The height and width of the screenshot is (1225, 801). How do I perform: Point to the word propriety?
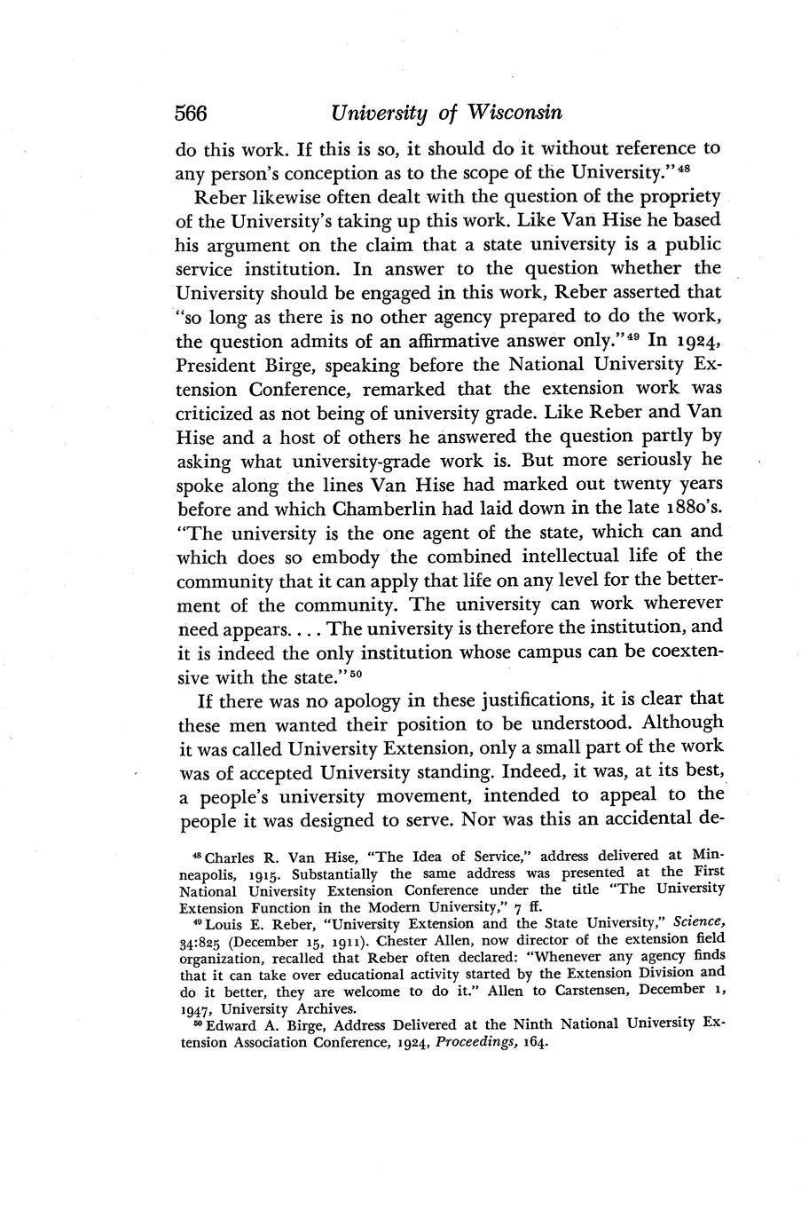click(x=677, y=195)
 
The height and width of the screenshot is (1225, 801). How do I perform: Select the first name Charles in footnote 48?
click(x=233, y=857)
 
